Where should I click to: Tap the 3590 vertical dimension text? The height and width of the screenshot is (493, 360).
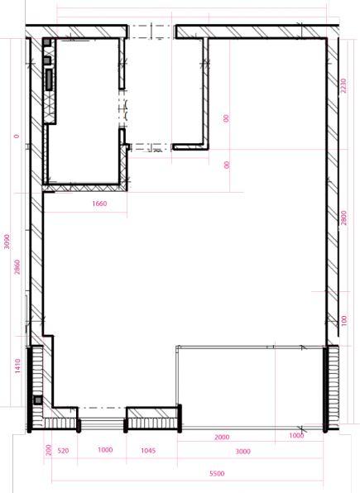[x=7, y=241]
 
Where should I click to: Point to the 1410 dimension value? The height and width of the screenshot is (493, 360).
[x=17, y=366]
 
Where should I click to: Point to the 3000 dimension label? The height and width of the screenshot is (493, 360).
[x=242, y=451]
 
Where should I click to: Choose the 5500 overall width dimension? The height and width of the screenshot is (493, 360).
[x=217, y=473]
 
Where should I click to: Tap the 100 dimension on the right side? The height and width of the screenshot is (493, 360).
[x=344, y=320]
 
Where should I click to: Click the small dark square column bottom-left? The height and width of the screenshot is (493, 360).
[x=37, y=400]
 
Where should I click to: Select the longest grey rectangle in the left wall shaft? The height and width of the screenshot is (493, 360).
[x=50, y=79]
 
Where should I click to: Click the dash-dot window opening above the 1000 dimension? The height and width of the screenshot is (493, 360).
[x=103, y=408]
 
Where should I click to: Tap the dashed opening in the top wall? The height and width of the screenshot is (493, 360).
[x=151, y=31]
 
